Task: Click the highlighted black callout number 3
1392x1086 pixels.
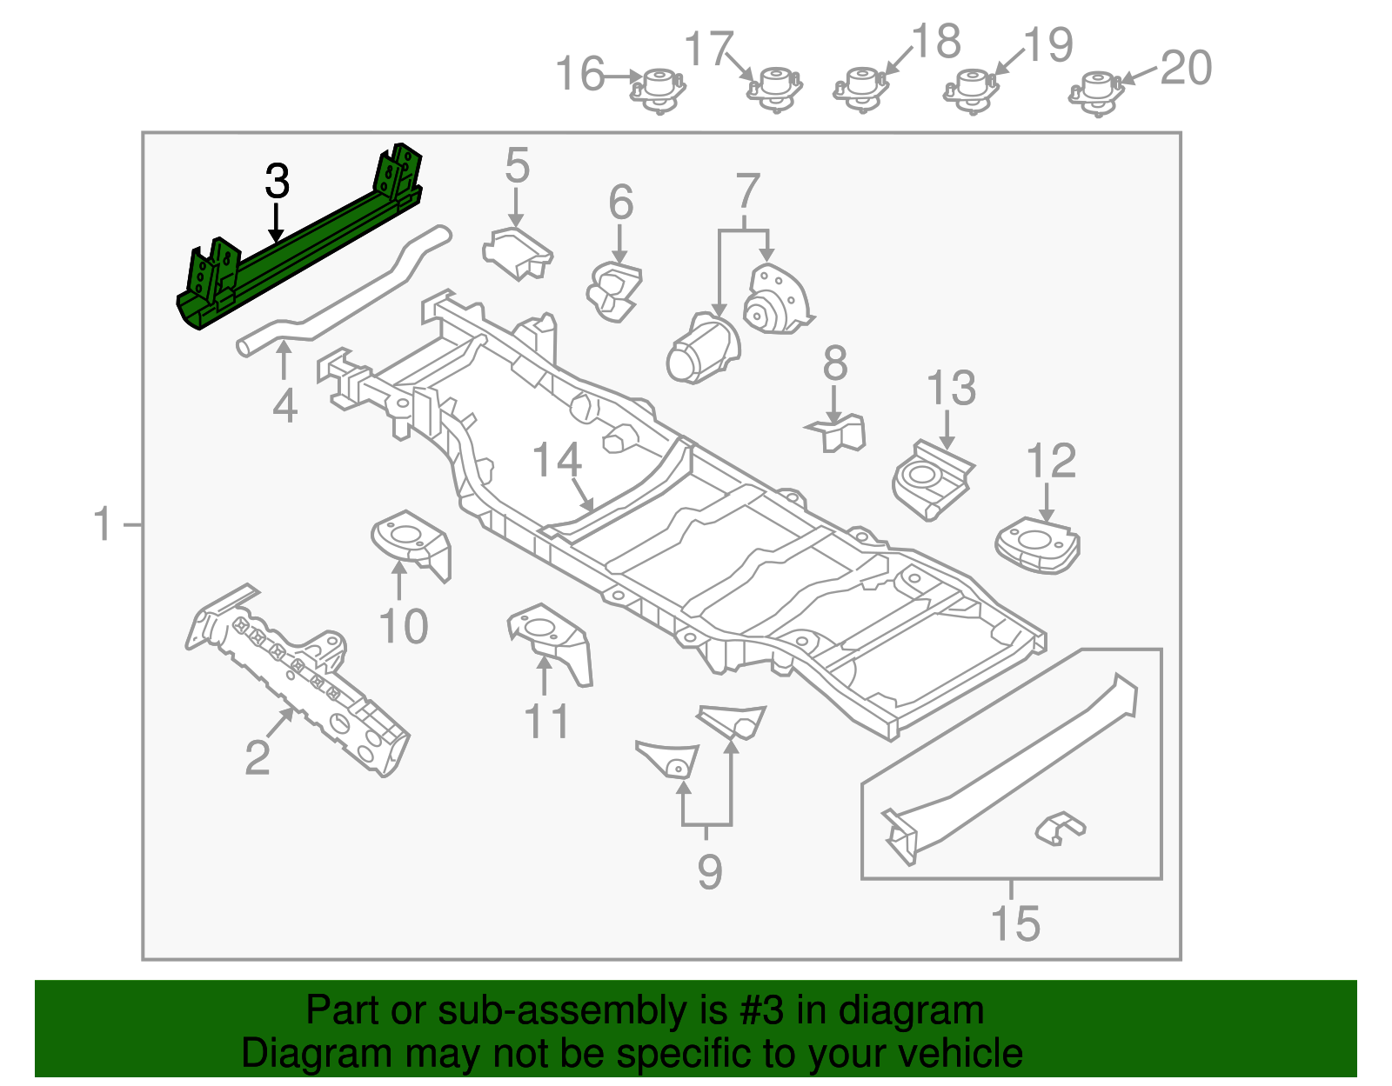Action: pyautogui.click(x=277, y=182)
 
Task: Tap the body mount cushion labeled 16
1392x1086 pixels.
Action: pyautogui.click(x=658, y=90)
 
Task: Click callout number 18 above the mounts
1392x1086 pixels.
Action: pyautogui.click(x=936, y=41)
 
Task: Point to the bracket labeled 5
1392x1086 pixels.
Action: pyautogui.click(x=518, y=252)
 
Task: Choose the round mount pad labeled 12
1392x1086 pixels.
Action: pyautogui.click(x=1037, y=546)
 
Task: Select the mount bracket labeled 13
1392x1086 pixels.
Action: pyautogui.click(x=931, y=480)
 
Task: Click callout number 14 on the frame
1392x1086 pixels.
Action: pyautogui.click(x=557, y=461)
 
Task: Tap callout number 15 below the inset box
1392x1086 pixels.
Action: pyautogui.click(x=1015, y=923)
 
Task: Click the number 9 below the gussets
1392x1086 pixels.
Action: pyautogui.click(x=709, y=870)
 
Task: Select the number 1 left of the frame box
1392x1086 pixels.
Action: pyautogui.click(x=103, y=525)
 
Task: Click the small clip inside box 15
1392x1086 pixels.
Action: pyautogui.click(x=1059, y=829)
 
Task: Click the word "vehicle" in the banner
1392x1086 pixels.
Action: pyautogui.click(x=960, y=1054)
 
